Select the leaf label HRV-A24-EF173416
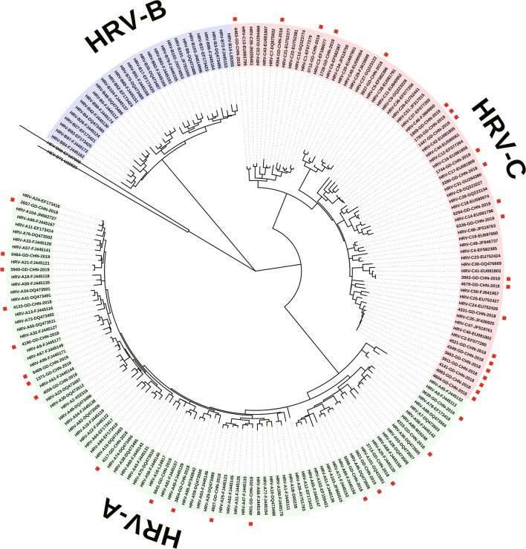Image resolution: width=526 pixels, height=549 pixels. tap(36, 201)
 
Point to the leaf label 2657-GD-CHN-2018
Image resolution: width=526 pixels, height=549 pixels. tap(35, 208)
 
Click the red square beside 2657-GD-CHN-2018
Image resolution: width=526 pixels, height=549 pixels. tap(10, 200)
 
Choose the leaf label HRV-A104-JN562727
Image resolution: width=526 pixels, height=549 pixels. tap(35, 214)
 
